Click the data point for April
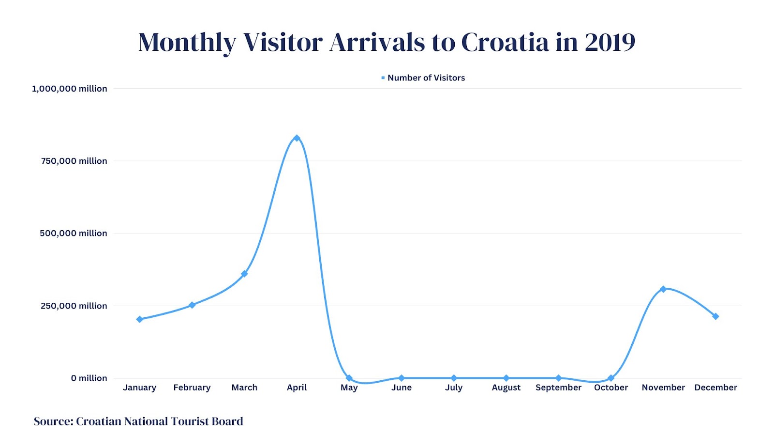pyautogui.click(x=297, y=138)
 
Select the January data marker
pyautogui.click(x=140, y=319)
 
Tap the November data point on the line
pyautogui.click(x=663, y=289)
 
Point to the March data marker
pyautogui.click(x=244, y=274)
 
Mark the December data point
pyautogui.click(x=715, y=316)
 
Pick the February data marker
pyautogui.click(x=192, y=305)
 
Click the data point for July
pyautogui.click(x=454, y=378)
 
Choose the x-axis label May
pyautogui.click(x=349, y=388)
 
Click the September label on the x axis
pyautogui.click(x=558, y=388)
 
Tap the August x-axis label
pyautogui.click(x=506, y=388)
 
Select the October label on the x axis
pyautogui.click(x=610, y=388)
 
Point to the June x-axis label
pyautogui.click(x=402, y=388)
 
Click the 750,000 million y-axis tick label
pyautogui.click(x=74, y=161)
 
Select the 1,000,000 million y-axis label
pyautogui.click(x=70, y=89)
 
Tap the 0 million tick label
pyautogui.click(x=89, y=378)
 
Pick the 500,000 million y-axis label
pyautogui.click(x=74, y=233)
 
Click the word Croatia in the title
pyautogui.click(x=505, y=42)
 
